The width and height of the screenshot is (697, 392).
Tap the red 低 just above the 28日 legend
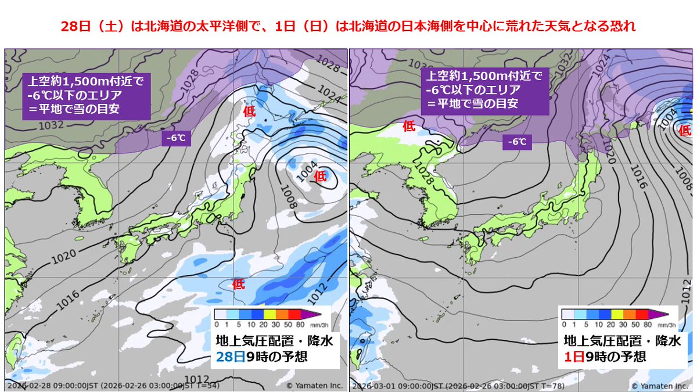pos(239,285)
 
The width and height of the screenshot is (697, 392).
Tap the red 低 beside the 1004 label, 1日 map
pos(686,130)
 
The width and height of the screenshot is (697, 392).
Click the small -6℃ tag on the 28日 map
pos(176,138)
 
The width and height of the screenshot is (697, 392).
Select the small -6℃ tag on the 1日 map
pos(516,142)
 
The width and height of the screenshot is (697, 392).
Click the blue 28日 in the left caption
pos(228,357)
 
